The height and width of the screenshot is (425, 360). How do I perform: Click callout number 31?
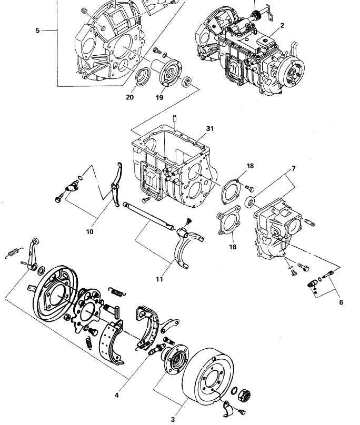[209, 128]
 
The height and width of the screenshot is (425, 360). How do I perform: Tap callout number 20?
[129, 97]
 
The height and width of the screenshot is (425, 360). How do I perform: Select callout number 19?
[159, 97]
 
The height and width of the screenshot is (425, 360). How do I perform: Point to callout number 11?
[159, 279]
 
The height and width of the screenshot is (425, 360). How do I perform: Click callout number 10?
[90, 231]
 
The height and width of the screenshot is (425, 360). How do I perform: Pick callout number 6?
[341, 302]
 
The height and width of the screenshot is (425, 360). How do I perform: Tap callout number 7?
[294, 168]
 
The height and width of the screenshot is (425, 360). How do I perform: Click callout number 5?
[38, 31]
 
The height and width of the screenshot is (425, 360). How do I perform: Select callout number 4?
[117, 395]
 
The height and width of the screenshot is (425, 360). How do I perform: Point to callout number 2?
[282, 25]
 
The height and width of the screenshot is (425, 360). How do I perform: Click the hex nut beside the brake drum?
[244, 396]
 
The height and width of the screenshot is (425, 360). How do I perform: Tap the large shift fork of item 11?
[188, 247]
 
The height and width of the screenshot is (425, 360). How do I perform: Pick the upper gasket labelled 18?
[231, 191]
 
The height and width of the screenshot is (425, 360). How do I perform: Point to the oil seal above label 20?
[143, 77]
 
